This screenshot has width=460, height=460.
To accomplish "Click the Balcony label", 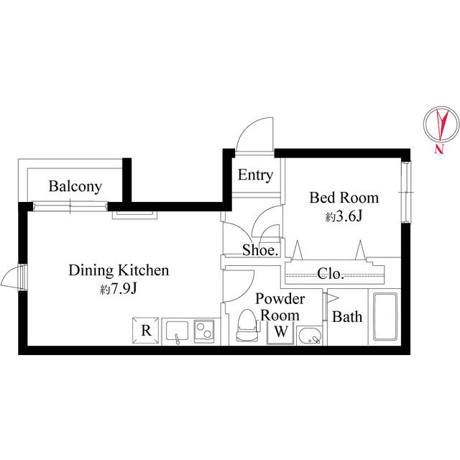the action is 75,187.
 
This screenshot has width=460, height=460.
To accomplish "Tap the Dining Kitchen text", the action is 119,270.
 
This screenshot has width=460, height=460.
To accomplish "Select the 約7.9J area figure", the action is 119,289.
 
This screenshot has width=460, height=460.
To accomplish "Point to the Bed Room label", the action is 344,198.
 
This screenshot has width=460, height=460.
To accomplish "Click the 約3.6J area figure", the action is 344,216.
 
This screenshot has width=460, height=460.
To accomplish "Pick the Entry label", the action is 256,175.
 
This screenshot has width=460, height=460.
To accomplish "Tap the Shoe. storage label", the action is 260,250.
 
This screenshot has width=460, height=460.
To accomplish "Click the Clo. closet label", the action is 331,274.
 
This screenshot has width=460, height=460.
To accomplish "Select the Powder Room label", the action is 280,307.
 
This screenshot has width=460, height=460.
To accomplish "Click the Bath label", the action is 347,317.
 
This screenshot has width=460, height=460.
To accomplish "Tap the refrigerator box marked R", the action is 146,331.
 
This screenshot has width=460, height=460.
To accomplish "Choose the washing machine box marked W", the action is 281,333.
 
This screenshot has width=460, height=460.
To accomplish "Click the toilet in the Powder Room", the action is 247,326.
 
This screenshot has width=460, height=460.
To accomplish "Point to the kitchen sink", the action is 178,331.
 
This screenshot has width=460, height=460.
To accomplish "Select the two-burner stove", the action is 203,331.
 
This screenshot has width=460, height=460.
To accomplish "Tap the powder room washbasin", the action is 310,336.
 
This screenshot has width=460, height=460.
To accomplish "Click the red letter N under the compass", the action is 438,149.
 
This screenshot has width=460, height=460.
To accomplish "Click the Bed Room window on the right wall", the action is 406,192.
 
